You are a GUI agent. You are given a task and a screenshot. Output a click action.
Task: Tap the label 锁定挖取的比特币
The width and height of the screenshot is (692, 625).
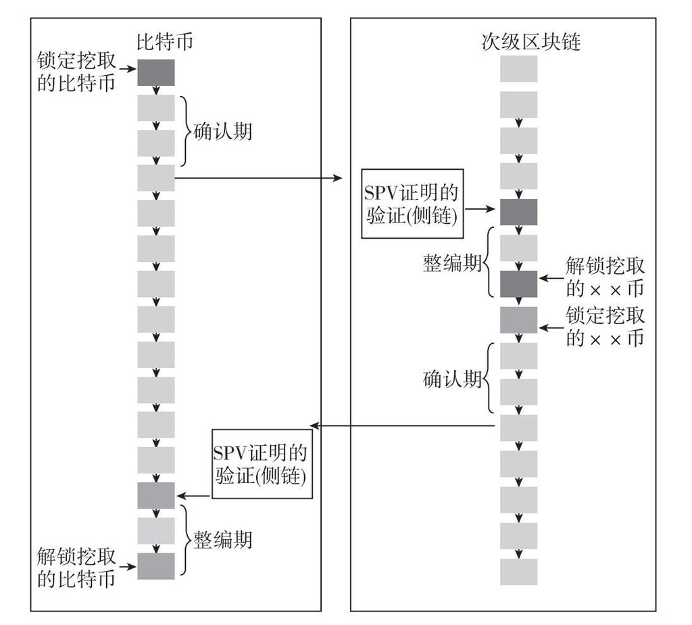[x=76, y=73]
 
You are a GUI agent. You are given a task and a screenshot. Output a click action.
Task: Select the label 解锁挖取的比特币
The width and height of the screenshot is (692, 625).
[x=76, y=568]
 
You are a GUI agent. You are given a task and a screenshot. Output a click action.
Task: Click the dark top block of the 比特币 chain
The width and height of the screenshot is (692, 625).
[x=156, y=72]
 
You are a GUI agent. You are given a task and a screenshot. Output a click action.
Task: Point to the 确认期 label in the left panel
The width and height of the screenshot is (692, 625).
[x=222, y=131]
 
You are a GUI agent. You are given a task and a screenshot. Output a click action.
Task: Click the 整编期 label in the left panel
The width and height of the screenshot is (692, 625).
[x=222, y=539]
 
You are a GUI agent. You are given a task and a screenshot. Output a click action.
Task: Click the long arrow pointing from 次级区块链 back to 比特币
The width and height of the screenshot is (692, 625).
[x=405, y=425]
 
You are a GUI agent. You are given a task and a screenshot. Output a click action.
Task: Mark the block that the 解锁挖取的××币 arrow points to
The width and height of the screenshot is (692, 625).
[x=518, y=284]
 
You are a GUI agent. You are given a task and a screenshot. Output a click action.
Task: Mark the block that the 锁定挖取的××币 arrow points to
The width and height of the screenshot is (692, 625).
[x=518, y=319]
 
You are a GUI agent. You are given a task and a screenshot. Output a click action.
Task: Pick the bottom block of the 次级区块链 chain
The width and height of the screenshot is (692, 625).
[x=518, y=572]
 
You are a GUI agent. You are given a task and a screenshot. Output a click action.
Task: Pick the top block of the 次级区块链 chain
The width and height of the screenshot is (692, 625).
[x=518, y=69]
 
